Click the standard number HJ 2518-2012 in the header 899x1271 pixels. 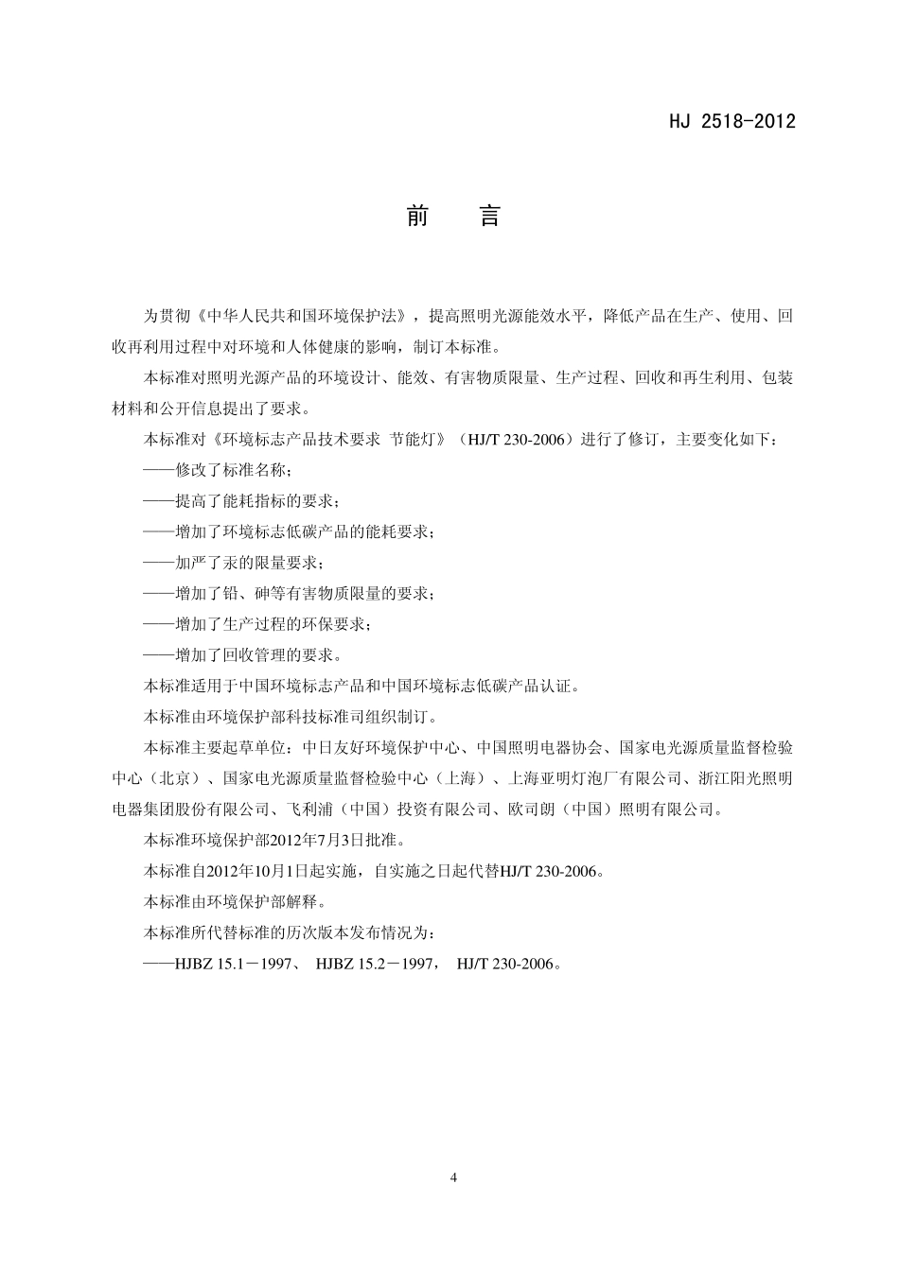pyautogui.click(x=732, y=121)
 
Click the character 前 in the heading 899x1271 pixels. pyautogui.click(x=417, y=217)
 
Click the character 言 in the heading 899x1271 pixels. pyautogui.click(x=488, y=217)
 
